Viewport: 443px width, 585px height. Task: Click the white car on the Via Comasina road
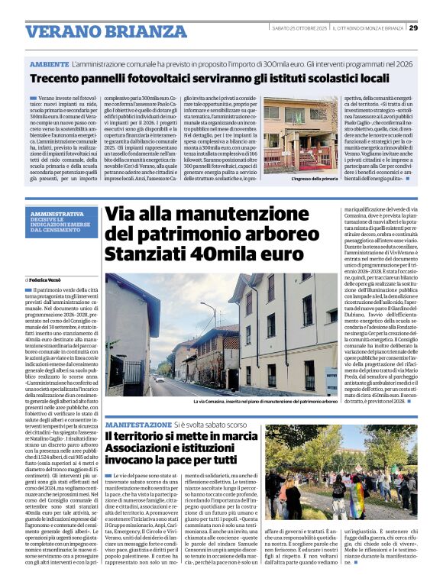coord(159,377)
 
